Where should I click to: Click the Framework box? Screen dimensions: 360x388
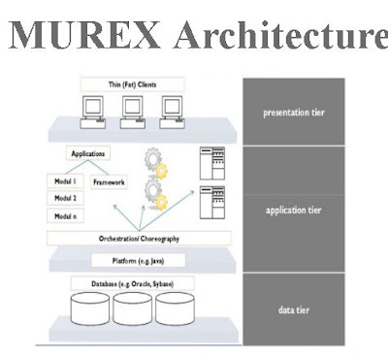111,181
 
